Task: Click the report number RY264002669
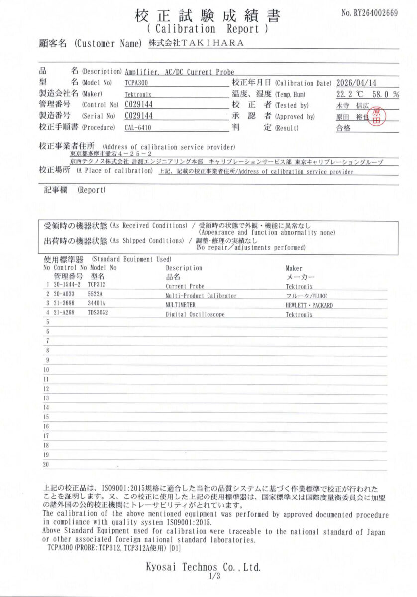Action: [x=370, y=13]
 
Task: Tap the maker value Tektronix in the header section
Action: [x=138, y=94]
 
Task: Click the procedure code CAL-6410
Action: [x=138, y=128]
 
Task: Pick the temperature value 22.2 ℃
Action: [x=348, y=94]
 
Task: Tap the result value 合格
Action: [x=344, y=128]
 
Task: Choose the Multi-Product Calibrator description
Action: [x=201, y=296]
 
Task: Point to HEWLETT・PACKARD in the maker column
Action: [x=309, y=305]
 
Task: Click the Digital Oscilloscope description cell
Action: [x=195, y=314]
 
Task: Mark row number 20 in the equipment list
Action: [x=47, y=464]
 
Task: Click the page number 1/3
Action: [x=208, y=577]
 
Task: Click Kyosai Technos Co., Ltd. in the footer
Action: [x=203, y=567]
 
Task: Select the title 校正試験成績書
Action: [x=208, y=16]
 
